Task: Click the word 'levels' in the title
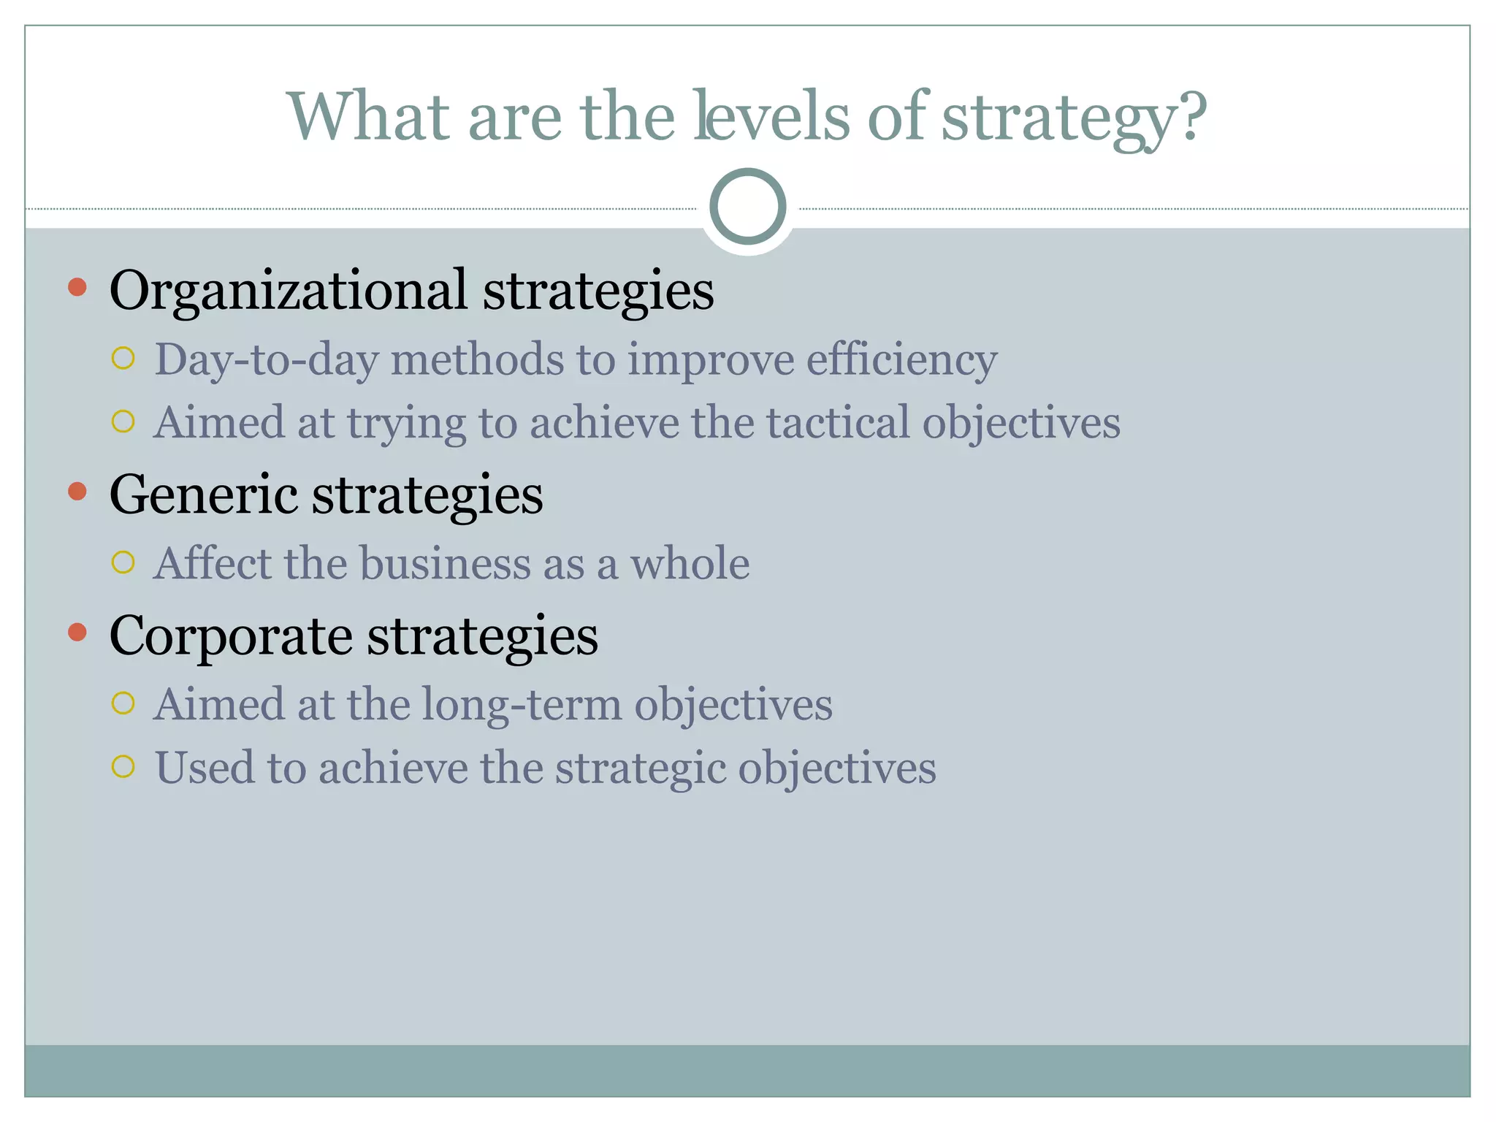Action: pos(771,117)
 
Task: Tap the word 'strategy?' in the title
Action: pos(1074,118)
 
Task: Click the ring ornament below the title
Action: pos(747,206)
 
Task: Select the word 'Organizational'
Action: pos(288,291)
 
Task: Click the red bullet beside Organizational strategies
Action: pos(77,287)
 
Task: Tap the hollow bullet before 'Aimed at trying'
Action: pos(123,421)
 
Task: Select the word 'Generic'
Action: pos(203,495)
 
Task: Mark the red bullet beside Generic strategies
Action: pos(77,491)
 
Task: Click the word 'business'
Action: pos(472,564)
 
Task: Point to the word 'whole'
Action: pos(690,564)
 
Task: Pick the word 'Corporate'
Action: pos(231,636)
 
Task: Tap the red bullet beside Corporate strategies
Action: pos(77,632)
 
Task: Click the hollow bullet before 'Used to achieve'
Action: pos(123,766)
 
